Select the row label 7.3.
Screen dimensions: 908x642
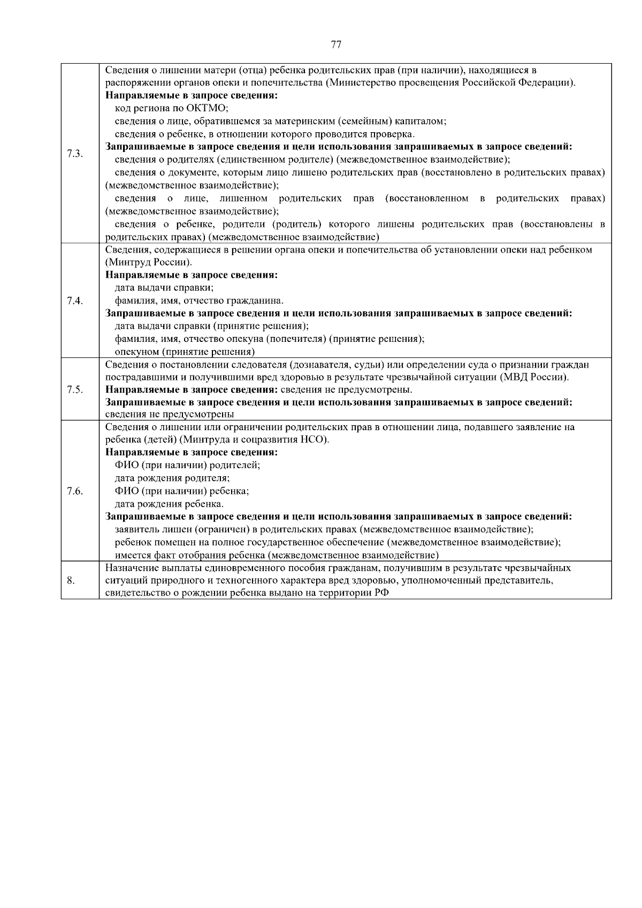[75, 154]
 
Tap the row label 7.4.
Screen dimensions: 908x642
[75, 301]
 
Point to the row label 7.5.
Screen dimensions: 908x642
[75, 390]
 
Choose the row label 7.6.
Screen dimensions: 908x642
[75, 491]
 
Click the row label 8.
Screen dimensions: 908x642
[71, 580]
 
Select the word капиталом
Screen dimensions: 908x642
[425, 121]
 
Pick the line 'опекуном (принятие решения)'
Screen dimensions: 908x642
[185, 352]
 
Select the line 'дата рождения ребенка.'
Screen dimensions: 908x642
[170, 504]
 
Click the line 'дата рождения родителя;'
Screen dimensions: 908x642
[172, 478]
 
